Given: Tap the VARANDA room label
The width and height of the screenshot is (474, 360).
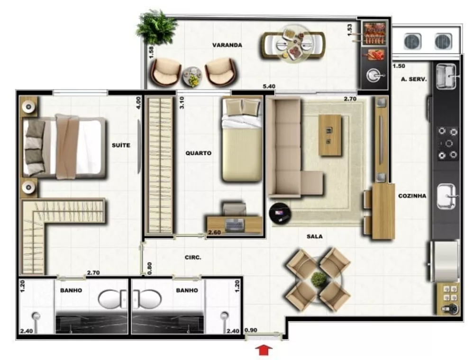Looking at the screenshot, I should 227,45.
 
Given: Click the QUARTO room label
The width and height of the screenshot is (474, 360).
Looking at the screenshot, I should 198,153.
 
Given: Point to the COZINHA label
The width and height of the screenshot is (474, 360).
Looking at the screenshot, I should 412,195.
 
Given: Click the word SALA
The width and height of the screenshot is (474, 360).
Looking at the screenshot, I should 314,236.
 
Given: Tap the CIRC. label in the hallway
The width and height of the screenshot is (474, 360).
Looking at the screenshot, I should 193,258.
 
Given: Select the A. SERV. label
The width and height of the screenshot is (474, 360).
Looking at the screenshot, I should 414,80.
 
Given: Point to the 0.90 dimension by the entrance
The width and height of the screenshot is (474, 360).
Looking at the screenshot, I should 251,330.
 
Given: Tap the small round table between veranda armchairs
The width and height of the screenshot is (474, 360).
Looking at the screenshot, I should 192,76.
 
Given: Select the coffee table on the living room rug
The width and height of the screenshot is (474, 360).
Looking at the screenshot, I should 330,135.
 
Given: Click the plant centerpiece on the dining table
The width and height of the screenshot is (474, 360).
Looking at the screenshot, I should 318,279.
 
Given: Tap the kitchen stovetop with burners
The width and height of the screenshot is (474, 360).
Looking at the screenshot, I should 447,143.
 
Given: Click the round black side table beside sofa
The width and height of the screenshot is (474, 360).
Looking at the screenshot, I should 279,213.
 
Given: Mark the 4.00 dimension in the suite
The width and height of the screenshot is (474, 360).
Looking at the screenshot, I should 138,103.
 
